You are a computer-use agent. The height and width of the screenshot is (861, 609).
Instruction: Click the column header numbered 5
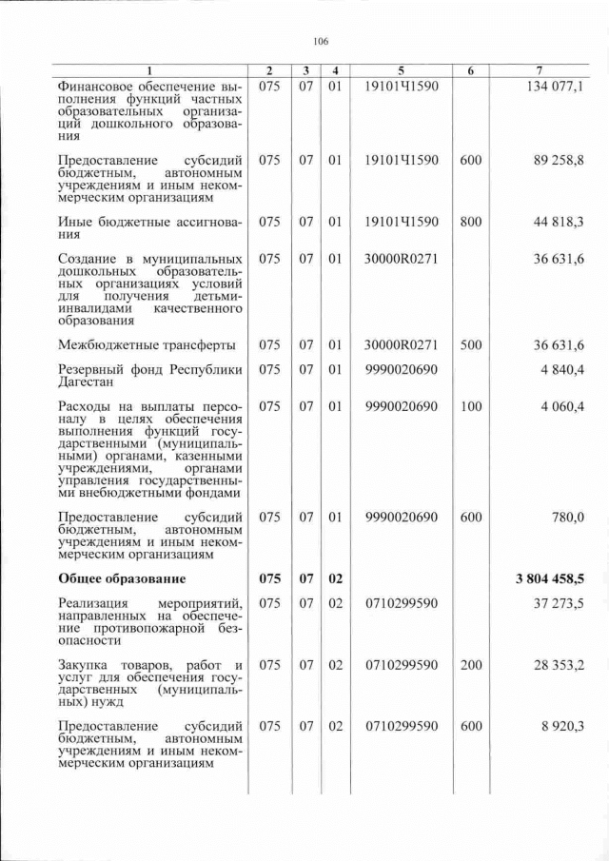(401, 71)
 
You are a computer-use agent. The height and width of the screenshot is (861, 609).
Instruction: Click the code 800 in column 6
(470, 223)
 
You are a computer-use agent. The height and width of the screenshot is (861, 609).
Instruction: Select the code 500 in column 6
(470, 344)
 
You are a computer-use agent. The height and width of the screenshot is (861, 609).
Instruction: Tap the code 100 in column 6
(470, 406)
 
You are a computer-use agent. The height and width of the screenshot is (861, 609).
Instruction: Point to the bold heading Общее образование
(122, 578)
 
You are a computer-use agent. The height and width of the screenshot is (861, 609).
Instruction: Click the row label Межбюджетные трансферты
(147, 344)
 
